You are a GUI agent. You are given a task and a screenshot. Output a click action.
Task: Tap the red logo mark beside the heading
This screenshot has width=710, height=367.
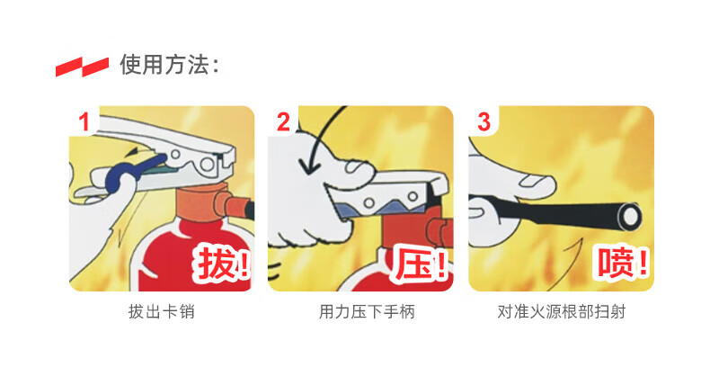82,67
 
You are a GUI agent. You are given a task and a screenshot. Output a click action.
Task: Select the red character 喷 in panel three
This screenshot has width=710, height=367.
617,263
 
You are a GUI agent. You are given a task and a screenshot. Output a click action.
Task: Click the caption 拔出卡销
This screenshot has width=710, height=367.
162,312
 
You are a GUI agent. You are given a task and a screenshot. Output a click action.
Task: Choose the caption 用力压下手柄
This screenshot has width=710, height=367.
367,312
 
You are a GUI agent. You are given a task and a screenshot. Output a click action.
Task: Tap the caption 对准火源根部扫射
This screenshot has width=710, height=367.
562,312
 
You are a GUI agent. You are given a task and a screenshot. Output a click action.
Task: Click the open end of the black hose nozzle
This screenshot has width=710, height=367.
630,216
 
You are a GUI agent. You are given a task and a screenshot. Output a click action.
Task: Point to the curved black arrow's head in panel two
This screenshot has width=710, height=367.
310,168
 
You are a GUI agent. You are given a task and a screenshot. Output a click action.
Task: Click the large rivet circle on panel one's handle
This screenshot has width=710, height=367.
208,164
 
